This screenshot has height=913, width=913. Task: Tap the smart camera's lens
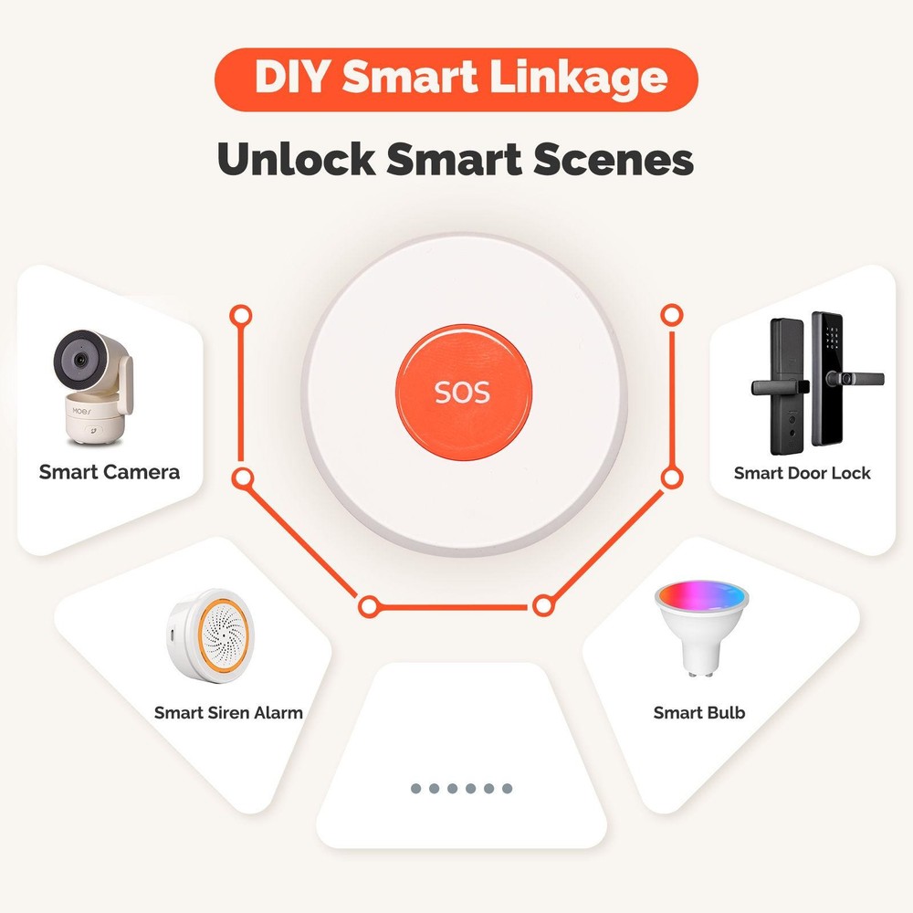coord(76,360)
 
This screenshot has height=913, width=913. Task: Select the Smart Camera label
coord(110,472)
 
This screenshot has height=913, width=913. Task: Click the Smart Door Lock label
coord(802,473)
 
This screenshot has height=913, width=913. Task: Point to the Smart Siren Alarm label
coord(228,712)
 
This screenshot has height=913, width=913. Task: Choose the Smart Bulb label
coord(699,712)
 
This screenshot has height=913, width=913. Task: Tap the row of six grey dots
coord(461,788)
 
